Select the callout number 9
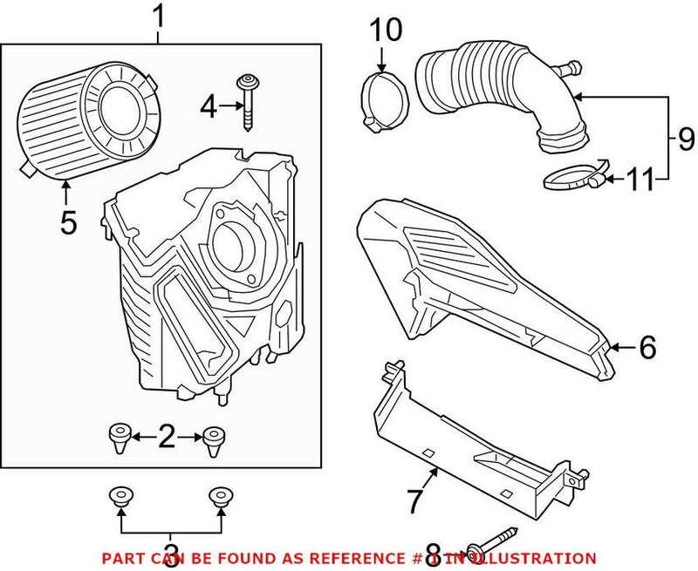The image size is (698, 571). coord(686,138)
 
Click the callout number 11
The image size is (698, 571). coord(642,180)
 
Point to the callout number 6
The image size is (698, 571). coord(647,348)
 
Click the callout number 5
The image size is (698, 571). coord(68,221)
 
